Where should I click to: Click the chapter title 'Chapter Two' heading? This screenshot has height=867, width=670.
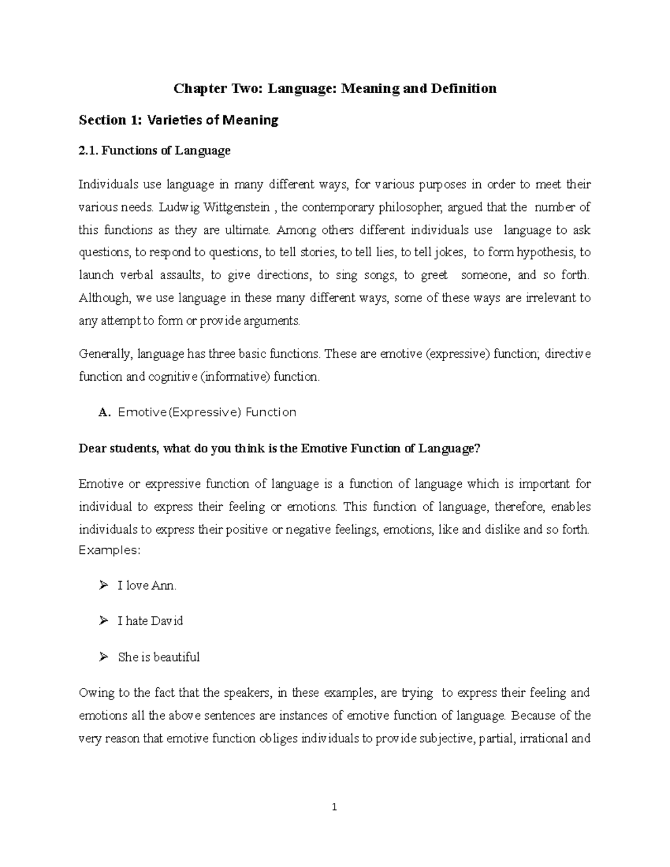(335, 89)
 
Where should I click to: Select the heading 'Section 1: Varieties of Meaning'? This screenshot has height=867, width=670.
(179, 120)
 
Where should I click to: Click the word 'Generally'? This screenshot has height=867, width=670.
(105, 355)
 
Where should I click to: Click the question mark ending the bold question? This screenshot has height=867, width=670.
(477, 449)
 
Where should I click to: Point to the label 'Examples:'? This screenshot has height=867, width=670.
(110, 550)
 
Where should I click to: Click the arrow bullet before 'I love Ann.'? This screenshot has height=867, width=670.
(103, 586)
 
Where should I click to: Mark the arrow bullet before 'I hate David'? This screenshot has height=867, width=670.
(103, 621)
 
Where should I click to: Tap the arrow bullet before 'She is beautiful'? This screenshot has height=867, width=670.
(103, 657)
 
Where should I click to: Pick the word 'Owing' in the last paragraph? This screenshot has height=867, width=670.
(95, 693)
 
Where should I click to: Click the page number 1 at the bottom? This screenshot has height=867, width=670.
(334, 807)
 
